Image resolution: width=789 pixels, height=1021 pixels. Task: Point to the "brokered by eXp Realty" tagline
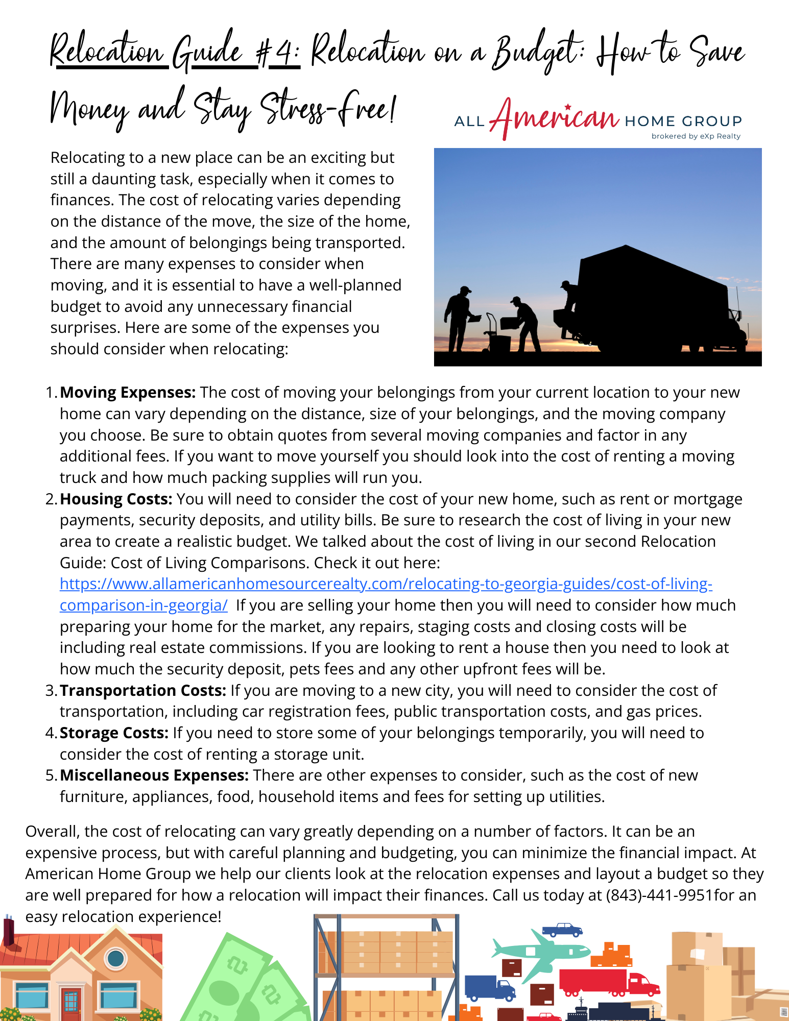click(x=696, y=136)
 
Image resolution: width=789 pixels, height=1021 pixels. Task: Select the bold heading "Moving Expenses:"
click(x=128, y=393)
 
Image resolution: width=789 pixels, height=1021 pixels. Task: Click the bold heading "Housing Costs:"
click(x=116, y=499)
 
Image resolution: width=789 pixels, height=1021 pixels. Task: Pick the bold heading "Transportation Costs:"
click(x=143, y=691)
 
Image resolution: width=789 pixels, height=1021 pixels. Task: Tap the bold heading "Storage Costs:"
click(x=114, y=733)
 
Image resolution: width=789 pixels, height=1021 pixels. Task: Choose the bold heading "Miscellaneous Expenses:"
click(x=154, y=775)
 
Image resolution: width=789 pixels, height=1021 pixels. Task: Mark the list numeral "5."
click(x=52, y=775)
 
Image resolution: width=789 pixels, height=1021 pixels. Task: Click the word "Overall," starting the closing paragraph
click(x=53, y=832)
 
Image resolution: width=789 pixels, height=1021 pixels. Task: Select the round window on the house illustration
click(x=116, y=959)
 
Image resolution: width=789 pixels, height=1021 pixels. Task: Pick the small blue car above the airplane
click(x=562, y=929)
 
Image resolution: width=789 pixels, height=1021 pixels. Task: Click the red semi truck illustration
click(x=608, y=982)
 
